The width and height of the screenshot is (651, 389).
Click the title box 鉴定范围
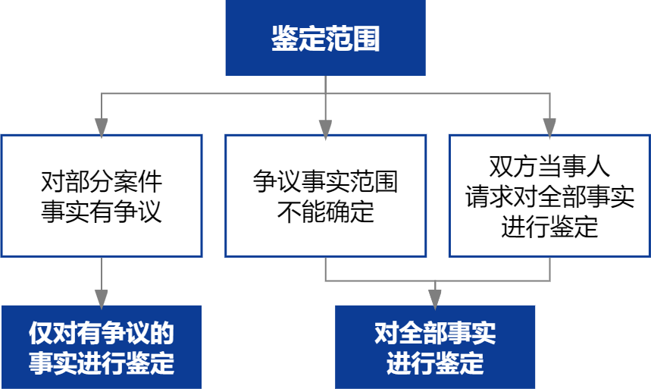pyautogui.click(x=325, y=39)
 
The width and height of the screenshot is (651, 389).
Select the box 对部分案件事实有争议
pyautogui.click(x=102, y=196)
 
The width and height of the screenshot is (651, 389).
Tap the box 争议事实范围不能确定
pyautogui.click(x=325, y=196)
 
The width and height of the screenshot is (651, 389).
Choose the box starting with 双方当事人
pyautogui.click(x=549, y=196)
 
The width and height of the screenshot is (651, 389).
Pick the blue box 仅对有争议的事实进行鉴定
pyautogui.click(x=102, y=347)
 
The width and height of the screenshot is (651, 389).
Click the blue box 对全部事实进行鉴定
pyautogui.click(x=435, y=347)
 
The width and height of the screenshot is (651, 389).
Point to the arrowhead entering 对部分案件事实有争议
pyautogui.click(x=102, y=127)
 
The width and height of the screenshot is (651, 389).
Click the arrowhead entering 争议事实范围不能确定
pyautogui.click(x=325, y=127)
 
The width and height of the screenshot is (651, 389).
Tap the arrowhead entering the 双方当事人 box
pyautogui.click(x=549, y=127)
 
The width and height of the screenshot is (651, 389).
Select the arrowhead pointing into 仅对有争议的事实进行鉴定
pyautogui.click(x=102, y=297)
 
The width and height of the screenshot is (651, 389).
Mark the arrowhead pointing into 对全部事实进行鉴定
pyautogui.click(x=435, y=297)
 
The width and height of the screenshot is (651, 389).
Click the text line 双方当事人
pyautogui.click(x=549, y=168)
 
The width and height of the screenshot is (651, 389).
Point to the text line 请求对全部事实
pyautogui.click(x=549, y=196)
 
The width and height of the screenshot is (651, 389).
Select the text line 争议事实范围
pyautogui.click(x=325, y=182)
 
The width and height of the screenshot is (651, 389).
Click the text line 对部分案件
pyautogui.click(x=102, y=182)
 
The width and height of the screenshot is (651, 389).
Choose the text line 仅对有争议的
pyautogui.click(x=102, y=334)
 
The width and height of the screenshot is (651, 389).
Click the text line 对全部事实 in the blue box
pyautogui.click(x=435, y=334)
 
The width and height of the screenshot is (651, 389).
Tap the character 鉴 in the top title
pyautogui.click(x=284, y=39)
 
